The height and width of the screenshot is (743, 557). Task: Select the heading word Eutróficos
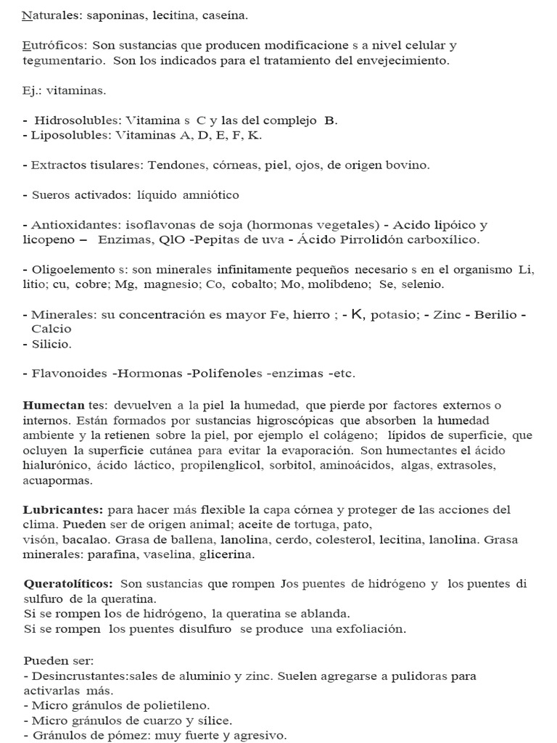50,46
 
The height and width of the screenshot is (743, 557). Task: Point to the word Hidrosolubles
78,120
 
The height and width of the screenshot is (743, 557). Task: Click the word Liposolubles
66,135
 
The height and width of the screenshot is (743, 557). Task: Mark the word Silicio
51,344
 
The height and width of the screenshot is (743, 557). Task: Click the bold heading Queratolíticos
68,583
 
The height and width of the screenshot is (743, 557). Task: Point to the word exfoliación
370,629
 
